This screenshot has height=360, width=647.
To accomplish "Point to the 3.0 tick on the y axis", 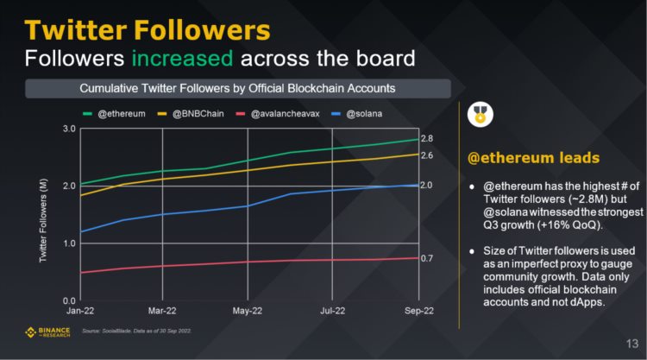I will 69,129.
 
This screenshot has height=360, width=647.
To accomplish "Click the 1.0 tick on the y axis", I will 69,243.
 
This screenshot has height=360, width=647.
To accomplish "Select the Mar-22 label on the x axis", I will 162,309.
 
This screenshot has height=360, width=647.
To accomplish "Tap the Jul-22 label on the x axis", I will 333,309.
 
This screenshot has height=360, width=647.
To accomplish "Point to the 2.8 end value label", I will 426,139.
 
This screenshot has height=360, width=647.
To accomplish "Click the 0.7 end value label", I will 426,258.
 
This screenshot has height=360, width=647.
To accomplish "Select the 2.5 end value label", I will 426,155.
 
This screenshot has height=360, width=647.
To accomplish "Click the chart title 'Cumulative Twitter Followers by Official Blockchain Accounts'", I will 238,88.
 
